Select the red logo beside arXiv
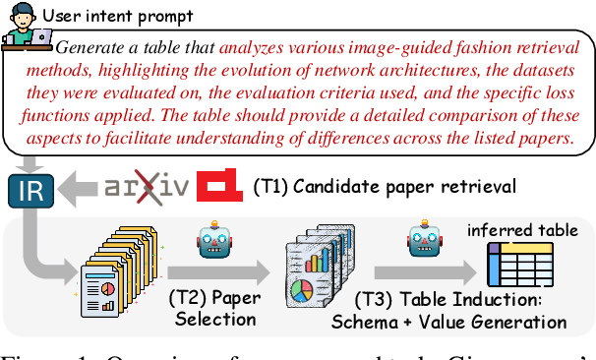[219, 184]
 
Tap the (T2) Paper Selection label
[212, 308]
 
